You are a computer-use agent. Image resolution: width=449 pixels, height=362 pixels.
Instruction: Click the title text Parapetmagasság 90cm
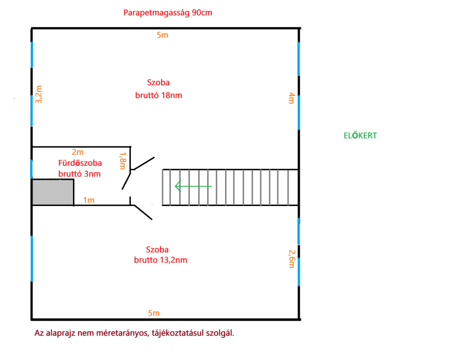point(167,13)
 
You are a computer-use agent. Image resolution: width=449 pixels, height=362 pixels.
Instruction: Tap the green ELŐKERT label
point(360,135)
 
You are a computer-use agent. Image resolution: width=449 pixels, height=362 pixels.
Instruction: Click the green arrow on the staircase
point(193,186)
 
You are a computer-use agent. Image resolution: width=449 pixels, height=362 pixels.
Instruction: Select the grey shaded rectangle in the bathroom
point(53,192)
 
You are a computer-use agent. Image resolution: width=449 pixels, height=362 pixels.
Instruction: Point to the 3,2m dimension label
point(39,94)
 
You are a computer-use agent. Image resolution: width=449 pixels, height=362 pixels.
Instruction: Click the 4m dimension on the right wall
point(291,98)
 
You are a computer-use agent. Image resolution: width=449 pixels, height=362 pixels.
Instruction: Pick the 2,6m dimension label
point(291,259)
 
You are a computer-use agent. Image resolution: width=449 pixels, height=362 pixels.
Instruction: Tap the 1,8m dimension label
point(122,161)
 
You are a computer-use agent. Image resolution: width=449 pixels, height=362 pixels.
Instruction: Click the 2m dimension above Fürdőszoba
point(77,152)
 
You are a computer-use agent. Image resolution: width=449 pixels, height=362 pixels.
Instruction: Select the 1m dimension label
point(89,200)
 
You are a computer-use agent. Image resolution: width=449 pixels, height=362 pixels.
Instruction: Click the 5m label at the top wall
point(162,35)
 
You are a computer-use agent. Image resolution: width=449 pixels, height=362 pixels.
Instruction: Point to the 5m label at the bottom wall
point(154,313)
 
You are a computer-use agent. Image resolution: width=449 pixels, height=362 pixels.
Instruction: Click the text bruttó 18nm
point(159,95)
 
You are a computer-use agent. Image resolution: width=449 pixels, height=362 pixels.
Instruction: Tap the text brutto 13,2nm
point(161,260)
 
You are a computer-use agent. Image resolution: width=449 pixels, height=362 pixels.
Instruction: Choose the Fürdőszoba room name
point(80,163)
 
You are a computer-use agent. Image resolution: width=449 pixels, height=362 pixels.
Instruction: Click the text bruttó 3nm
point(79,174)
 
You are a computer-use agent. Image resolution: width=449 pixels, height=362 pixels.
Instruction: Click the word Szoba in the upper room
point(158,83)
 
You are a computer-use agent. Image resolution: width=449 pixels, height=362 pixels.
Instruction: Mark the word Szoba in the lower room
point(157,249)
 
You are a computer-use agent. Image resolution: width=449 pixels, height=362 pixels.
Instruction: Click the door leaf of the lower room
point(143,212)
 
